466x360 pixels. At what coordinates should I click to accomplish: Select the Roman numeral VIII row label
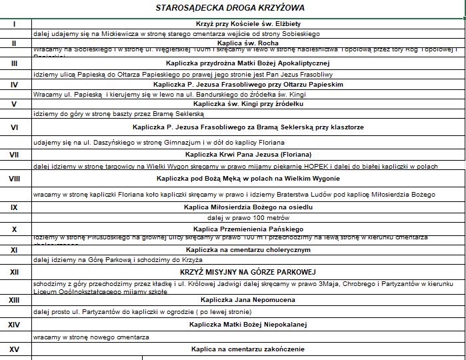[x=15, y=179]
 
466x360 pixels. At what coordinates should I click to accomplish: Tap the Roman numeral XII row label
[x=15, y=272]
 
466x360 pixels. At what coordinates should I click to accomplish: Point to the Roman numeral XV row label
[x=15, y=349]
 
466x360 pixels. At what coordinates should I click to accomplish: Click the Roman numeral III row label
[x=15, y=63]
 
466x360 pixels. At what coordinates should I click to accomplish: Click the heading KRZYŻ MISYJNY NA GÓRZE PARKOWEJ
[x=247, y=272]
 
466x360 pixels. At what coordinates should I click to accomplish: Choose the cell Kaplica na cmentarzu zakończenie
[x=247, y=349]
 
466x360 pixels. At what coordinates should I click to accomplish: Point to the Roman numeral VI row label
[x=15, y=126]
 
